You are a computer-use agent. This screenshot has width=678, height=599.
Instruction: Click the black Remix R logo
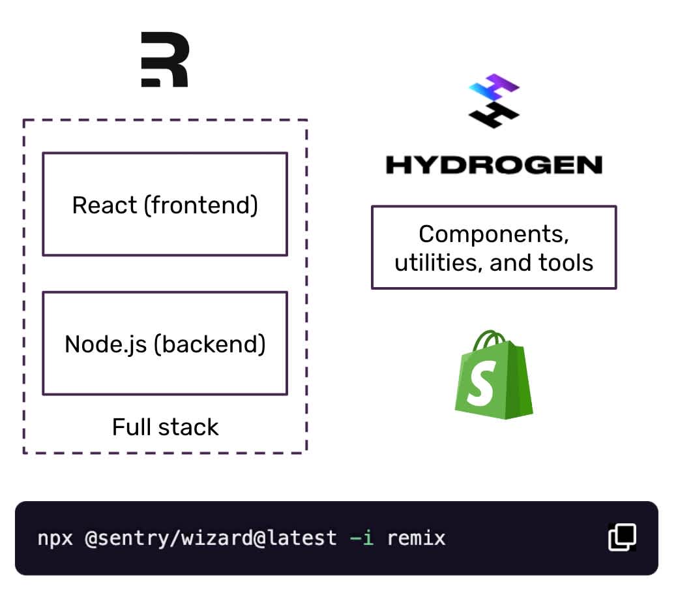[165, 61]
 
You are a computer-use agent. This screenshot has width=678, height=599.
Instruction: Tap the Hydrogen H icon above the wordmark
[494, 101]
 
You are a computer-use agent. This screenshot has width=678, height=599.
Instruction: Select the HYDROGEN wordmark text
[494, 164]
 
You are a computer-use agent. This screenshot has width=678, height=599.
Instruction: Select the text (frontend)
[201, 205]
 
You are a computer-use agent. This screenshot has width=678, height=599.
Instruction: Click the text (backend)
[210, 344]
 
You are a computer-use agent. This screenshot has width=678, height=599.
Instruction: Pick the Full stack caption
[165, 427]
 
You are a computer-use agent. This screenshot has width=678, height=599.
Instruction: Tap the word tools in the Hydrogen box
[566, 263]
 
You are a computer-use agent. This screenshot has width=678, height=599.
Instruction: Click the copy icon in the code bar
[622, 538]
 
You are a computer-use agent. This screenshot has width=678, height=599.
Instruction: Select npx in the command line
[55, 538]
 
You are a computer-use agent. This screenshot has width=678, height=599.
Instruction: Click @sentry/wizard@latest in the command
[211, 538]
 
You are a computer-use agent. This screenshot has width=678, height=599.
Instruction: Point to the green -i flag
[362, 538]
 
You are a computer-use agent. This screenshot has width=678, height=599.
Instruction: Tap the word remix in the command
[416, 538]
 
